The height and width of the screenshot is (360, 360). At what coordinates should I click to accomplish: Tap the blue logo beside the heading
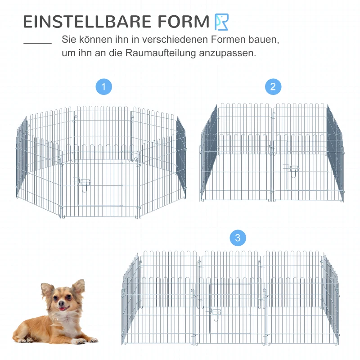222,22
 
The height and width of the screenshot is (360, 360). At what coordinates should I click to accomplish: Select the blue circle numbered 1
104,87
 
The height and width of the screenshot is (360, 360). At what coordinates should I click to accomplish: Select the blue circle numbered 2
273,87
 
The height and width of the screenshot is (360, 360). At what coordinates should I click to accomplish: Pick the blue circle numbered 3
238,238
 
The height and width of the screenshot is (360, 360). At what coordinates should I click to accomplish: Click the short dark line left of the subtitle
37,44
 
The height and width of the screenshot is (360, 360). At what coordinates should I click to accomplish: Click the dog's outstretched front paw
90,340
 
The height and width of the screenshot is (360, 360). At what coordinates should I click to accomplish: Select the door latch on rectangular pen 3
216,312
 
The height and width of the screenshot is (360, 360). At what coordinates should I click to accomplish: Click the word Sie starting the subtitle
69,39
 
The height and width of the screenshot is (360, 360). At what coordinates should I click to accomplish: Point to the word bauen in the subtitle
265,39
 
